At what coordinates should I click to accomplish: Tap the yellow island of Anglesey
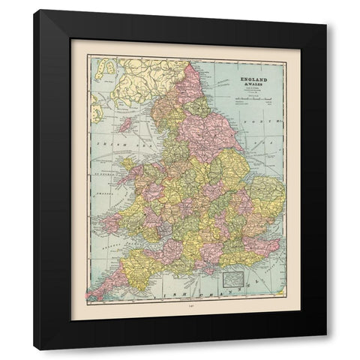point(126,163)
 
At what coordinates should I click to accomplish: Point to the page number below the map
point(180,328)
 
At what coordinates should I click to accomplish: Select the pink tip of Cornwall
point(99,291)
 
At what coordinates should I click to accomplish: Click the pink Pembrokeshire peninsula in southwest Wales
point(112,223)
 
